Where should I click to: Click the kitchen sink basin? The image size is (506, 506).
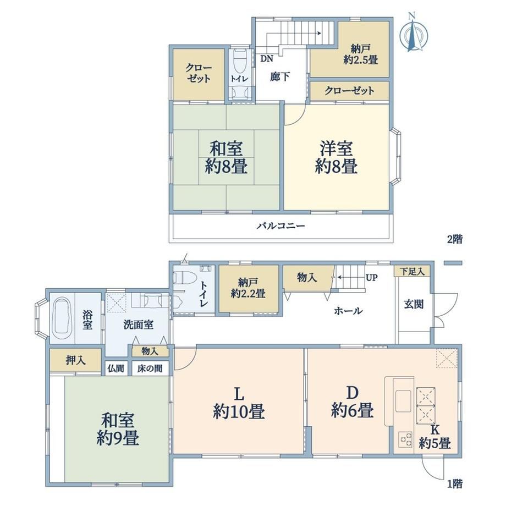(x=403, y=400)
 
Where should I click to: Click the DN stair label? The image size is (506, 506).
(x=267, y=59)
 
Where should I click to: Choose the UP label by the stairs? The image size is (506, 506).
(x=371, y=278)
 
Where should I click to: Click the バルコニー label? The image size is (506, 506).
(x=280, y=226)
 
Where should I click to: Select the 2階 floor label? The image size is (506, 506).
(x=454, y=239)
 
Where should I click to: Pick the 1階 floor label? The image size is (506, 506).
(x=455, y=484)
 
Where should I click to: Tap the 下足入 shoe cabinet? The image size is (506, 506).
(x=412, y=271)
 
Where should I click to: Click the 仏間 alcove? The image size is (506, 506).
(x=116, y=368)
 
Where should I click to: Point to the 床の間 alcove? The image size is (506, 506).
(x=150, y=368)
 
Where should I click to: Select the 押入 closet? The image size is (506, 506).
(x=75, y=360)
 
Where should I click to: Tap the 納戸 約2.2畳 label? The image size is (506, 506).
(x=248, y=288)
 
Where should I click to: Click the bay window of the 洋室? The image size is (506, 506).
(x=397, y=157)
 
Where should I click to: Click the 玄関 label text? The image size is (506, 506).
(x=414, y=304)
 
